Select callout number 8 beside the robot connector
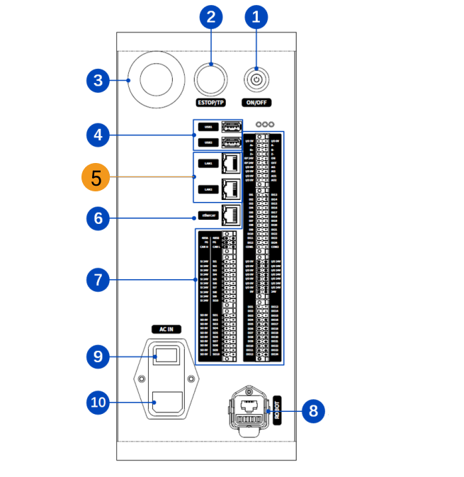315,410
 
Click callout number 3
97,81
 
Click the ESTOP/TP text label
212,103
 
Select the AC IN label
165,330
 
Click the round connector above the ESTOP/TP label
212,79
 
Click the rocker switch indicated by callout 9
165,354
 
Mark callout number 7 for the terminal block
97,280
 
